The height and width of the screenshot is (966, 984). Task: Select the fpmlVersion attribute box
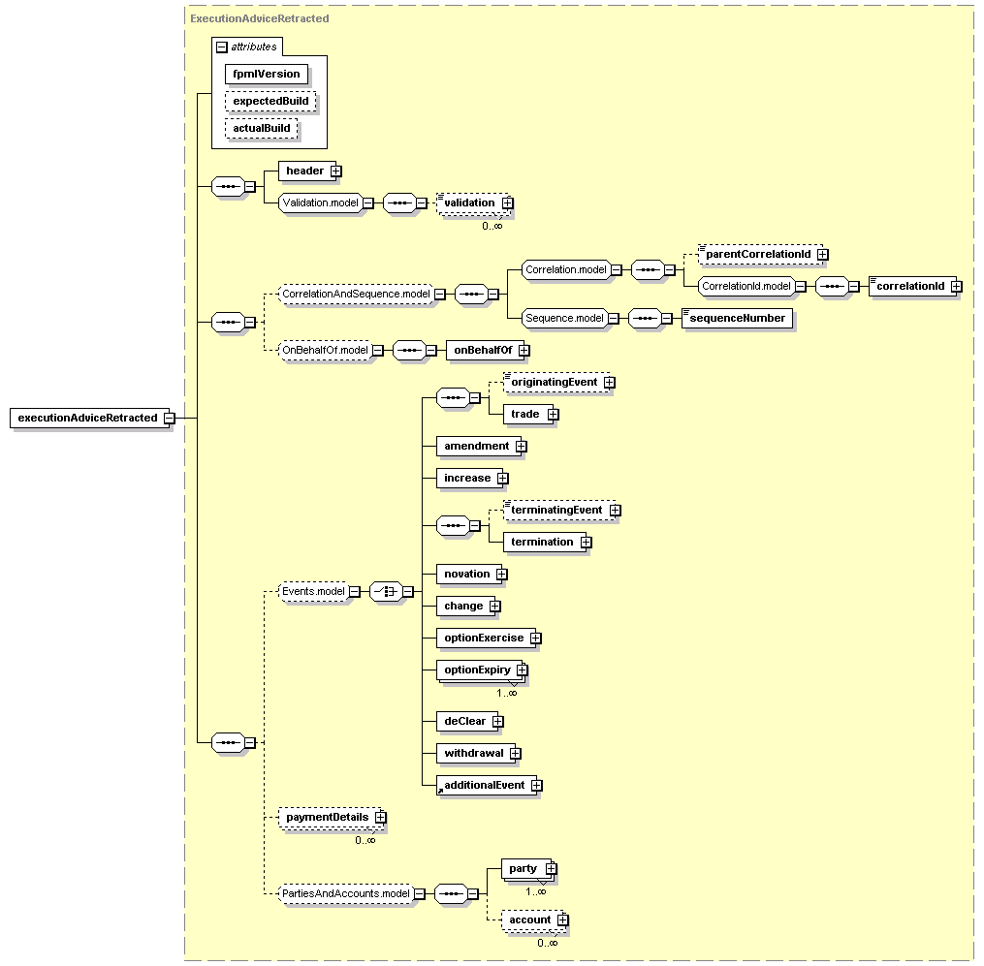click(x=267, y=74)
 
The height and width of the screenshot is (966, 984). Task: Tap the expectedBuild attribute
click(x=270, y=101)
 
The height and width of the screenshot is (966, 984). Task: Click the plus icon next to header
click(x=336, y=171)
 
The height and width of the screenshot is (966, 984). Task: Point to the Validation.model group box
click(x=321, y=203)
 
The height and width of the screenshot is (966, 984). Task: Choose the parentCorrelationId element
click(x=760, y=254)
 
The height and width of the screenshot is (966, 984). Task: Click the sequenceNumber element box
click(x=737, y=318)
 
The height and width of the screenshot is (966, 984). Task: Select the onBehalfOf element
click(x=484, y=350)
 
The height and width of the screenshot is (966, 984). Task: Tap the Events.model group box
click(x=314, y=591)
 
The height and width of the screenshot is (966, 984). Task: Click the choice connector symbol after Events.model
click(x=386, y=591)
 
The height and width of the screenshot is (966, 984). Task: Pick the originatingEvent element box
click(x=555, y=382)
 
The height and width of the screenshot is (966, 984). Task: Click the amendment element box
click(x=478, y=446)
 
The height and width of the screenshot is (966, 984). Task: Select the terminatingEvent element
click(x=557, y=510)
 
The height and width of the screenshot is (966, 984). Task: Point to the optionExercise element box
click(x=486, y=638)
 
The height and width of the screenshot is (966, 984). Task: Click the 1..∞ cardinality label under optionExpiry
click(x=507, y=693)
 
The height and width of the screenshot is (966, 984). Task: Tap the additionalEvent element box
click(x=487, y=785)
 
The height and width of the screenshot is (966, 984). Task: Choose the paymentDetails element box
click(x=330, y=817)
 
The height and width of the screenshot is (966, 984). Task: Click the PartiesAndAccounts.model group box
click(x=346, y=894)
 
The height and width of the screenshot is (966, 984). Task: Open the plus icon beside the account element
click(x=563, y=919)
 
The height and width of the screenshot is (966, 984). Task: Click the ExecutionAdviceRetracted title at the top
click(x=260, y=18)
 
